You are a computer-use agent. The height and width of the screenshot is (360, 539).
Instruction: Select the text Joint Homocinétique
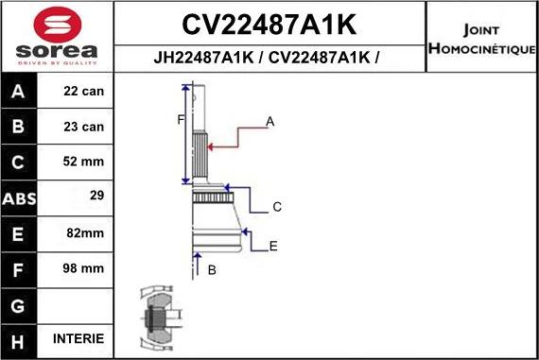[x=482, y=38]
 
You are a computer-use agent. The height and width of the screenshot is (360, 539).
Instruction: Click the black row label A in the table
[x=19, y=93]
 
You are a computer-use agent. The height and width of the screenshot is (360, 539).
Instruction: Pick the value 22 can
[x=84, y=92]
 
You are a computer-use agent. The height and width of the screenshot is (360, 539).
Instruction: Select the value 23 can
[x=84, y=126]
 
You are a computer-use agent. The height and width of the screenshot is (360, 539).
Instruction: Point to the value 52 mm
[x=84, y=162]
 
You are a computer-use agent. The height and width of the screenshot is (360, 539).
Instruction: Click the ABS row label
[x=19, y=197]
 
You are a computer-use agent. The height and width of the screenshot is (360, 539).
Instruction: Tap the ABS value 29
[x=95, y=197]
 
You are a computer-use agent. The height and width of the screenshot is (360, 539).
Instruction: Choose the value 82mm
[x=84, y=232]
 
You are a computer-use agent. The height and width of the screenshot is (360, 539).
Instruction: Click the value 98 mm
[x=84, y=267]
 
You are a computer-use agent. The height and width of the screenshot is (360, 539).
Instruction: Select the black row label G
[x=19, y=304]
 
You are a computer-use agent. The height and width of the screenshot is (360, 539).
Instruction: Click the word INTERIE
[x=79, y=338]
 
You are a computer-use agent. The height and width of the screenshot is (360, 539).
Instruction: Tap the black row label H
[x=19, y=338]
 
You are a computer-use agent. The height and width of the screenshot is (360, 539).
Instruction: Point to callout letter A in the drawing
[x=270, y=121]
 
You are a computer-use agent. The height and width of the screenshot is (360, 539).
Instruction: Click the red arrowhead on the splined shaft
[x=212, y=146]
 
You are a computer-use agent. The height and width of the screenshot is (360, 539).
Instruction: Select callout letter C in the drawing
[x=277, y=206]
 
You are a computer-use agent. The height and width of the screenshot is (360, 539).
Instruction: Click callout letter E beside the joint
[x=273, y=247]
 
